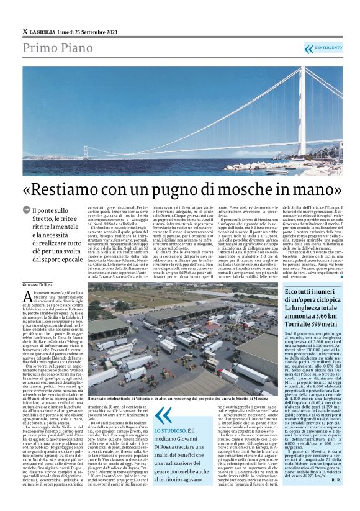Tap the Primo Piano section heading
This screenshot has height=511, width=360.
54,48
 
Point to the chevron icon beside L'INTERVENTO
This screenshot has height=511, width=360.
308,48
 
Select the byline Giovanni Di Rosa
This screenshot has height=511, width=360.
38,284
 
